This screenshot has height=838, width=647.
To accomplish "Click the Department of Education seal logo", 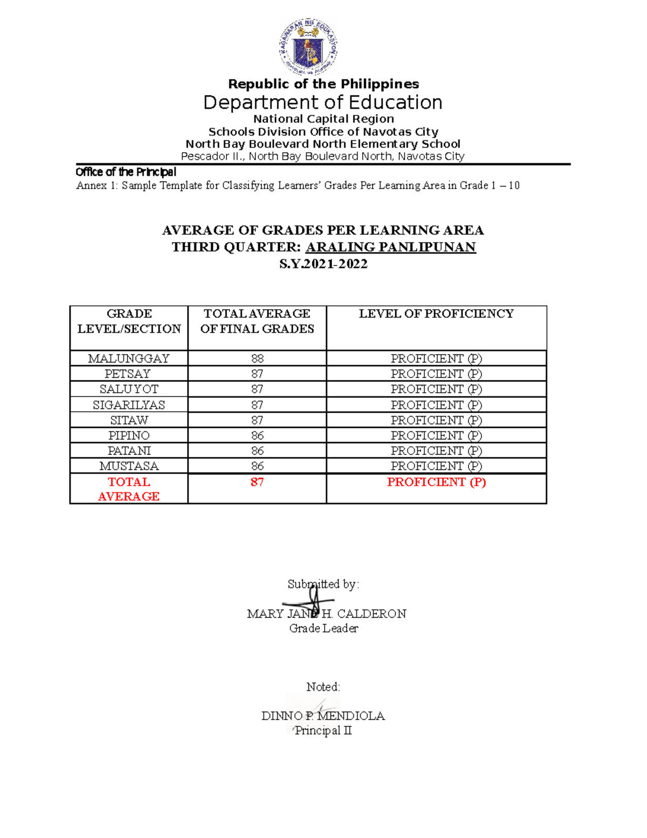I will tap(308, 46).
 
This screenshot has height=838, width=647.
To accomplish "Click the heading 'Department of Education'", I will tap(322, 103).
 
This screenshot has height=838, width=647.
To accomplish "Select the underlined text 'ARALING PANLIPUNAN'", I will tap(390, 247).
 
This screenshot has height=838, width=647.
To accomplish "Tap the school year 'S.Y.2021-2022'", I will tap(323, 264).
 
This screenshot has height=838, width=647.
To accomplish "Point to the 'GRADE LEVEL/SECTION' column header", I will tap(129, 321).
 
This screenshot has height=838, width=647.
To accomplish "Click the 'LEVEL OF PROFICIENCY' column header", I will tap(436, 314).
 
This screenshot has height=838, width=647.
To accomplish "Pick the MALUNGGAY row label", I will tap(129, 358).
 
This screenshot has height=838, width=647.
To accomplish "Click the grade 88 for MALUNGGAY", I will tap(257, 358).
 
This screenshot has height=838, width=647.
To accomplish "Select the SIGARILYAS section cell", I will tap(129, 405).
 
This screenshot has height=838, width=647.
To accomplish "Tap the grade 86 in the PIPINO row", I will tap(257, 435).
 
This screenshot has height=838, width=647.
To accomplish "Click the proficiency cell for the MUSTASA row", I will tap(436, 466).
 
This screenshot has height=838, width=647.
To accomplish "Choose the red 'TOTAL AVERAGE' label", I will tap(129, 489).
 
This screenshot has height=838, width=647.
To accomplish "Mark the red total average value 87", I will tap(257, 482).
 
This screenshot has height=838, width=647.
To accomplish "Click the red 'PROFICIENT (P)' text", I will tap(436, 482).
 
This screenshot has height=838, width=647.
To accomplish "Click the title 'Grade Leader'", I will tap(323, 628).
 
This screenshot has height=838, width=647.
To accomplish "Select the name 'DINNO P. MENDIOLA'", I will tap(323, 716).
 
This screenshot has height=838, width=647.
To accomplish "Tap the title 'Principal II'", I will tap(323, 731).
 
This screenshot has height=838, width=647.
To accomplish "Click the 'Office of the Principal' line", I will tap(126, 172).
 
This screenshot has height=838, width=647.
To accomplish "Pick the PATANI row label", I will tap(129, 451).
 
